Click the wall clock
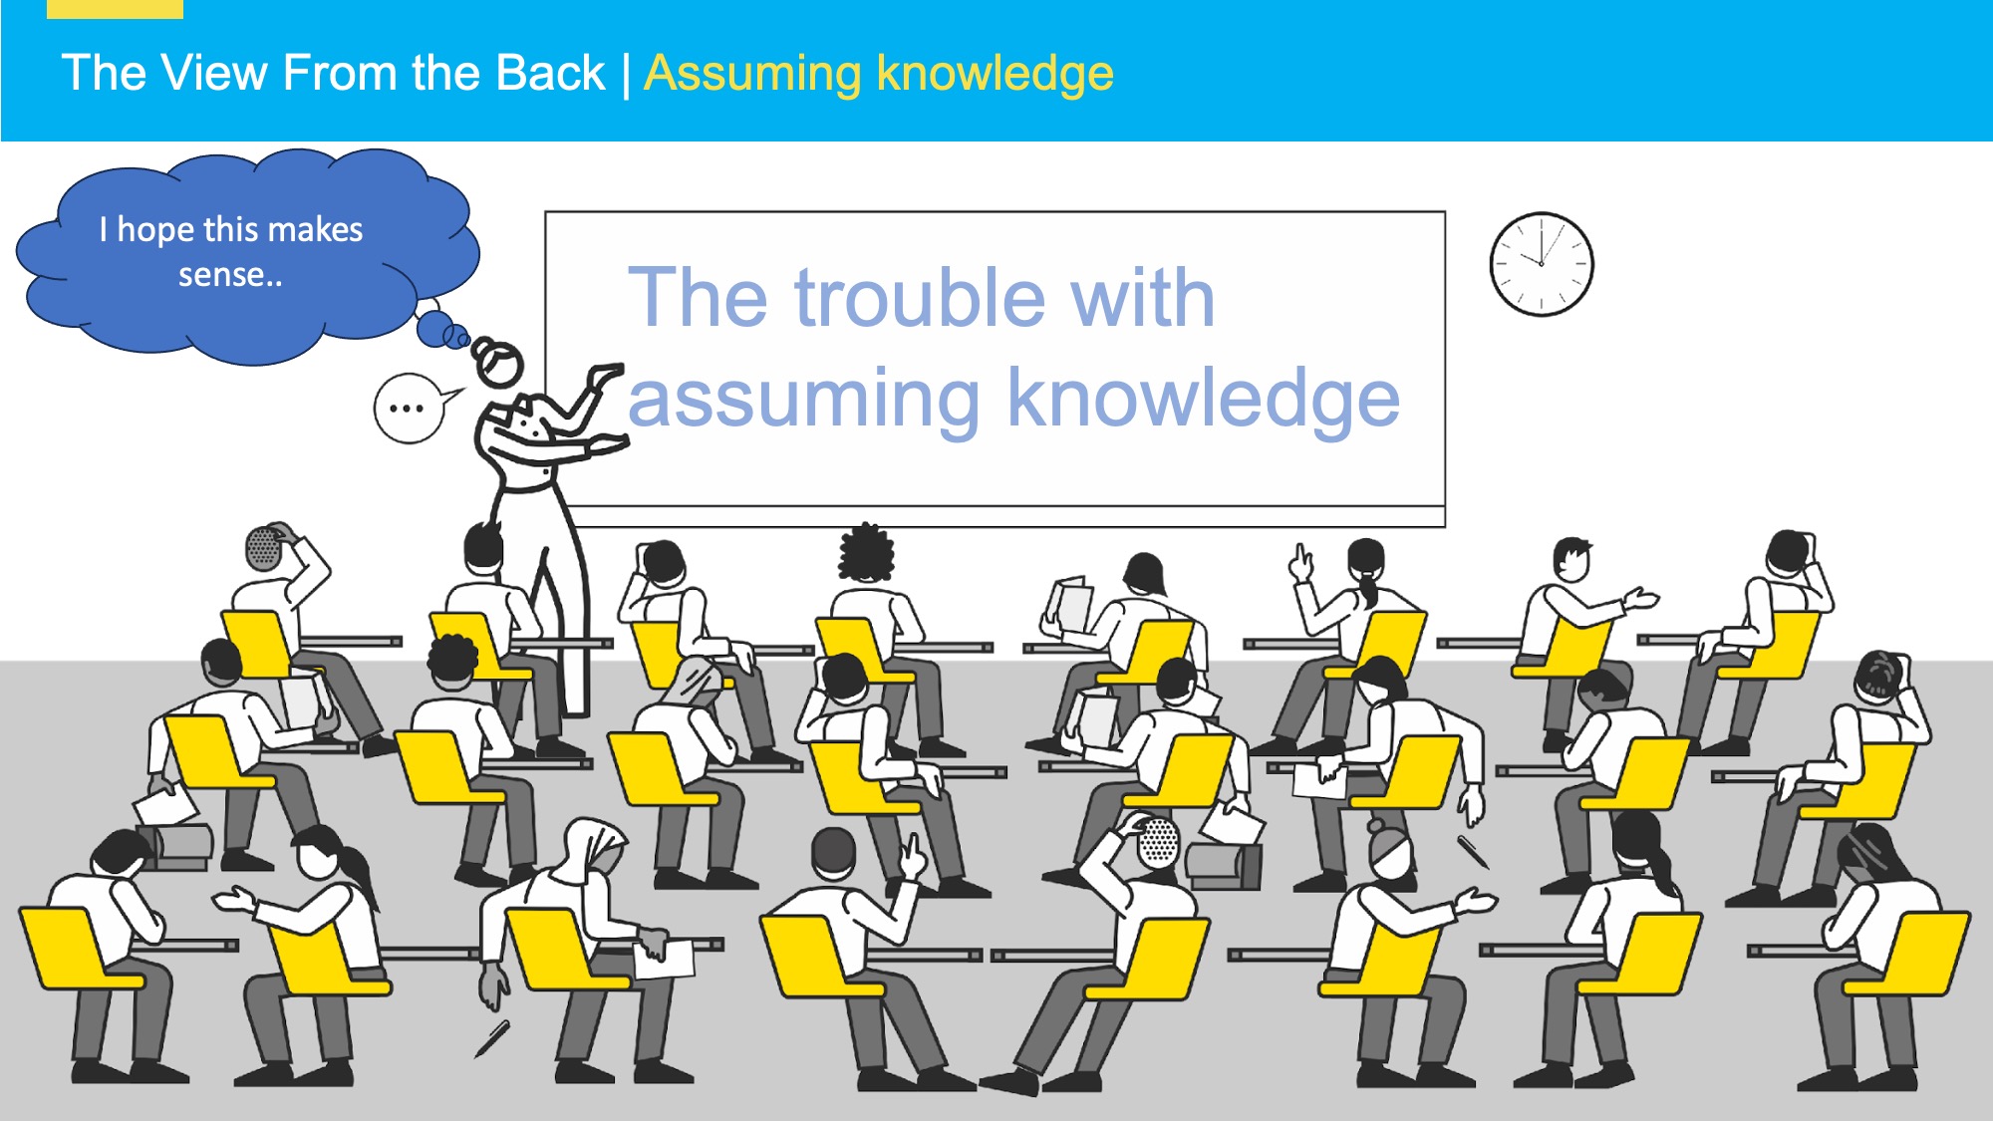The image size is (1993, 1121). click(x=1542, y=264)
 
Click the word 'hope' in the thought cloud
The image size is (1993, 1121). click(x=155, y=230)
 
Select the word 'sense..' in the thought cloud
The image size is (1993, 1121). click(x=230, y=275)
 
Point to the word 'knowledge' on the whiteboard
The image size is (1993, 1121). click(x=1204, y=399)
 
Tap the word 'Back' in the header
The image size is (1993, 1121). click(x=550, y=73)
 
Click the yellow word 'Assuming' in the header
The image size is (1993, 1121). click(x=753, y=75)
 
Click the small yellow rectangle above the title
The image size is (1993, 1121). click(x=115, y=9)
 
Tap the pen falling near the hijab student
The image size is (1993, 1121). click(x=492, y=1038)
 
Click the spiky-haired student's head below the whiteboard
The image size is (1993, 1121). click(x=866, y=551)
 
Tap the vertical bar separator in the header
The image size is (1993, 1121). click(x=626, y=75)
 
